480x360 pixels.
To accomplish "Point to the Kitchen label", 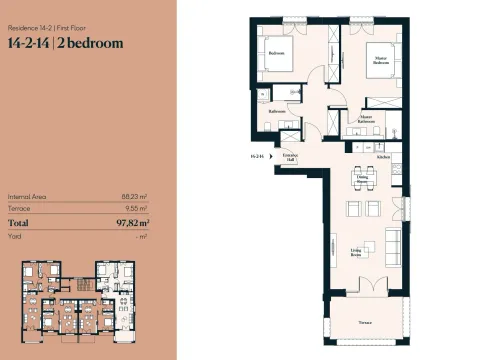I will [383, 158].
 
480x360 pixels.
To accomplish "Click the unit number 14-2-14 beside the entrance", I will [257, 157].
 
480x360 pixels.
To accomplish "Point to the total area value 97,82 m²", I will [132, 224].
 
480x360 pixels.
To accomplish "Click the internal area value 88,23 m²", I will [136, 196].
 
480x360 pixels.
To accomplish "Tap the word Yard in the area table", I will [14, 237].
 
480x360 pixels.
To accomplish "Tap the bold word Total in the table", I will [20, 224].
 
